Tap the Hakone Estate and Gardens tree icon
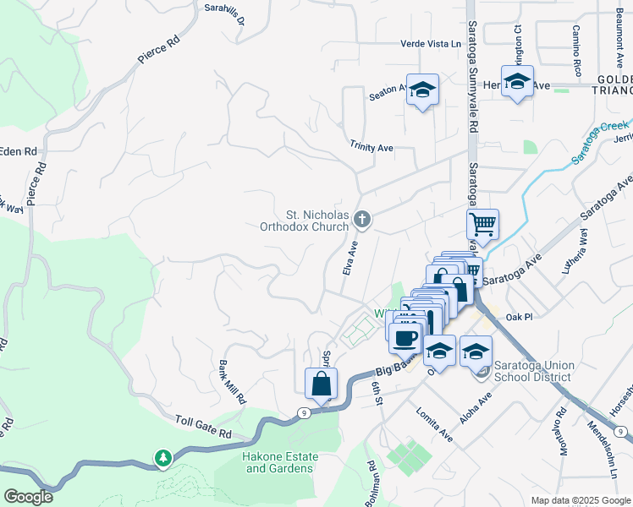[x=162, y=458]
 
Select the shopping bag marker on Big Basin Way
[x=322, y=383]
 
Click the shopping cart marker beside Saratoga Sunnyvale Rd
[x=482, y=225]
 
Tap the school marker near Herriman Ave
[x=517, y=82]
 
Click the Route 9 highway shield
[x=303, y=412]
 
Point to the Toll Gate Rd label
[x=203, y=425]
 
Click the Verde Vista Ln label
[x=434, y=45]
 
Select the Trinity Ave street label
[x=372, y=147]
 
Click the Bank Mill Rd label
[x=232, y=382]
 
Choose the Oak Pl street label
[x=518, y=317]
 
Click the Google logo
[x=28, y=497]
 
